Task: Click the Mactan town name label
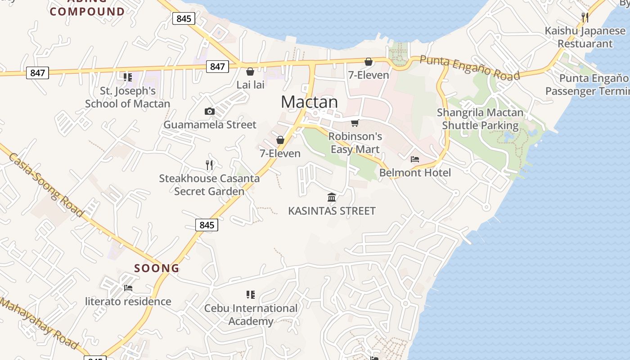(x=309, y=102)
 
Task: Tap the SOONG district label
(x=157, y=268)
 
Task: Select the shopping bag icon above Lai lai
(x=250, y=72)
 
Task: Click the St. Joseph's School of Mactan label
(x=128, y=97)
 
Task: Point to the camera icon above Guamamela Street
(x=209, y=111)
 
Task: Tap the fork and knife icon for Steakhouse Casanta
(x=209, y=165)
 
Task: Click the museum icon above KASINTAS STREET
(x=332, y=197)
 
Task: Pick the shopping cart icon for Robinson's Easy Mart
(x=355, y=123)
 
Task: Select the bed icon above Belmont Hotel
(x=415, y=159)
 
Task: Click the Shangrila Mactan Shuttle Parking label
(x=480, y=119)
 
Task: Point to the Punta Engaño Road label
(x=470, y=67)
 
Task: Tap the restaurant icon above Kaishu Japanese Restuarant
(x=585, y=18)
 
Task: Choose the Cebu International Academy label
(x=251, y=315)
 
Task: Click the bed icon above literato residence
(x=128, y=288)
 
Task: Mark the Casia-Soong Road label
(x=46, y=184)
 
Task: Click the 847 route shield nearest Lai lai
(x=217, y=67)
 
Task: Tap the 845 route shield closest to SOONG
(x=207, y=225)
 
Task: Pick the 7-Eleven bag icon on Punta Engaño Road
(x=369, y=62)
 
